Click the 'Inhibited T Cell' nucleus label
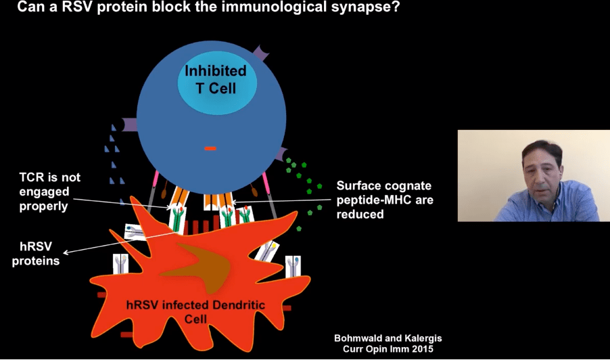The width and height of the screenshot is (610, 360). [x=216, y=79]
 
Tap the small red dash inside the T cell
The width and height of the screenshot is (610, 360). [x=210, y=148]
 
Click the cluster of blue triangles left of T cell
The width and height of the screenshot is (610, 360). [x=114, y=162]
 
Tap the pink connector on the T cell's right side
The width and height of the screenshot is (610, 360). [x=268, y=189]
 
